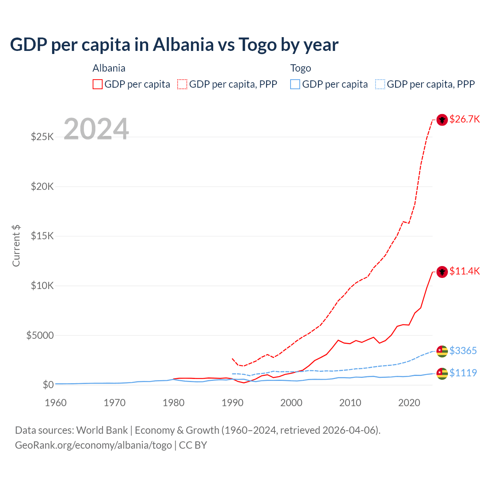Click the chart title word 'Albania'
click(183, 44)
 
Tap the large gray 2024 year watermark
click(96, 129)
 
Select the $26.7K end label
click(464, 119)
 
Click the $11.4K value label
click(464, 271)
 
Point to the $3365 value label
click(463, 351)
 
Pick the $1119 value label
click(463, 373)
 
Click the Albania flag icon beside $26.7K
click(442, 120)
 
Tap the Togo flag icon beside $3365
click(442, 351)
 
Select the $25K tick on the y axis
click(42, 137)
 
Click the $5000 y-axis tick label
click(40, 335)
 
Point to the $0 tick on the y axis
click(48, 385)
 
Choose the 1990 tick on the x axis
click(232, 403)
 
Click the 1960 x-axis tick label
click(56, 403)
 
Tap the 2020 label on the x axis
click(409, 403)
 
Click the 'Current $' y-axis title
click(16, 246)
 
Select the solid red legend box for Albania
click(98, 84)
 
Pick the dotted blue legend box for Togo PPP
click(380, 84)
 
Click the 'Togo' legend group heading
click(301, 68)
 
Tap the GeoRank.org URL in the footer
click(93, 445)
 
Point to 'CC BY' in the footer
click(193, 445)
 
